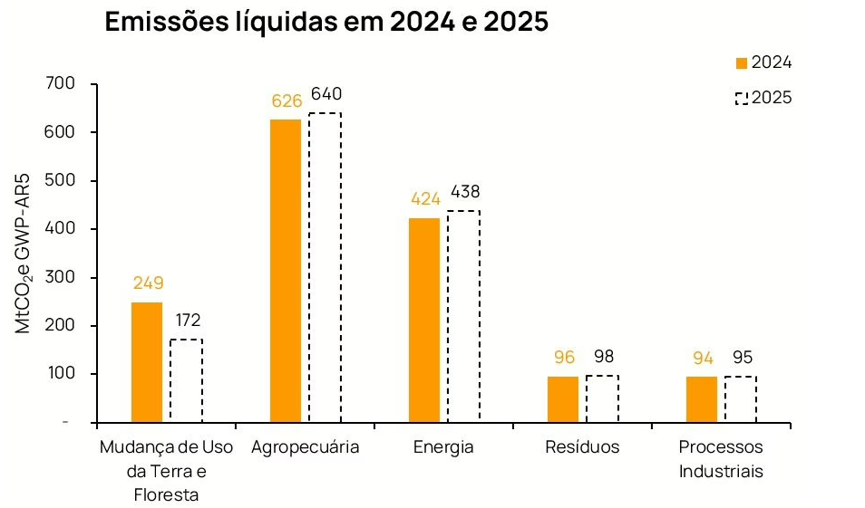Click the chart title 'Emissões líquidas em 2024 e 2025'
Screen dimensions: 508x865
326,22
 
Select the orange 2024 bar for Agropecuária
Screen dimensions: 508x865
286,271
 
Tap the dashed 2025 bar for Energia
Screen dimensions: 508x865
463,317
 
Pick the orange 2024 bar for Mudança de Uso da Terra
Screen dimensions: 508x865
147,362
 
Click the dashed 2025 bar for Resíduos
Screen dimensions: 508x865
602,398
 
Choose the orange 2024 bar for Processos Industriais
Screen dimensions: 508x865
702,399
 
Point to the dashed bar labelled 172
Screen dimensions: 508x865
186,380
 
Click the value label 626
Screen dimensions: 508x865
287,101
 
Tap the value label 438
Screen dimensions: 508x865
463,192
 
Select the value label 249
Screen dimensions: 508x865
148,283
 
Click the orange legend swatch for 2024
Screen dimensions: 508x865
741,63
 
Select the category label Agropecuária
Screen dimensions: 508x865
306,447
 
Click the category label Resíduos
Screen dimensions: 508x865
583,447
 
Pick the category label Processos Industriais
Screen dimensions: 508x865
721,459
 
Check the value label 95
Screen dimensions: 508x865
742,357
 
